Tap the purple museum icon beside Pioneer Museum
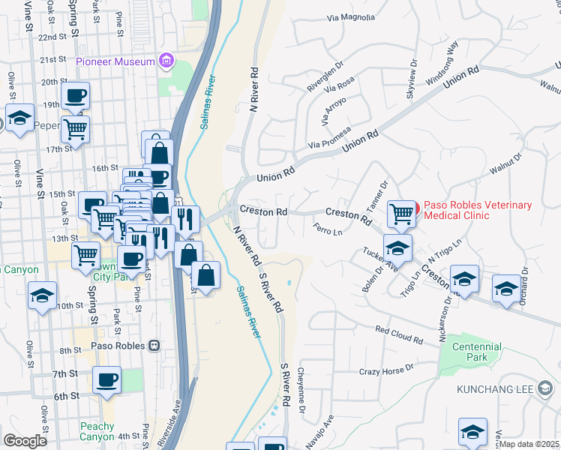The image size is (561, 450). (x=166, y=61)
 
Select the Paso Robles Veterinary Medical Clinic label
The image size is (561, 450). (x=478, y=210)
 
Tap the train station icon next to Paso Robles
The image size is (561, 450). (x=154, y=346)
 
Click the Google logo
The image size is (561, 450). (x=25, y=441)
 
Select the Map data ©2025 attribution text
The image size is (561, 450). (x=528, y=444)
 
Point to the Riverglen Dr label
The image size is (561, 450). (x=324, y=77)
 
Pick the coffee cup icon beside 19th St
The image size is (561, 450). (x=76, y=96)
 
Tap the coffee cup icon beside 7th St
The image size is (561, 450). (x=107, y=379)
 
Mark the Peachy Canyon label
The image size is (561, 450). (x=97, y=431)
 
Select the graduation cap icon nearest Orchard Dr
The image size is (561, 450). (x=506, y=289)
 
